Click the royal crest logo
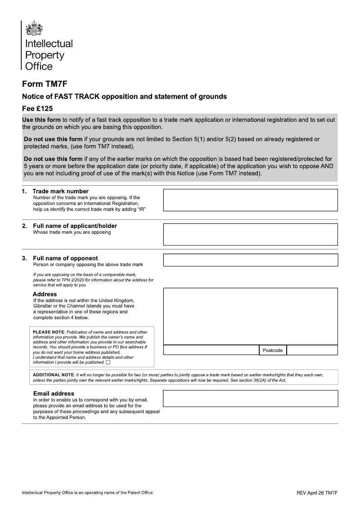click(x=34, y=29)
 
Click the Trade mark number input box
click(x=250, y=200)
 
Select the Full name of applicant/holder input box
click(x=250, y=234)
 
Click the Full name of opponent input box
click(x=250, y=260)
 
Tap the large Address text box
click(x=250, y=316)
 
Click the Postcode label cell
click(x=273, y=350)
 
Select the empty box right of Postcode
click(x=312, y=350)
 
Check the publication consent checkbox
click(x=108, y=362)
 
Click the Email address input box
click(x=250, y=398)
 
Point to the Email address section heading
click(x=54, y=393)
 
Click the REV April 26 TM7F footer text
click(x=317, y=493)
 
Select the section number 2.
click(x=24, y=226)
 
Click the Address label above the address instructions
click(x=45, y=294)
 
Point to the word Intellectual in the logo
click(x=49, y=44)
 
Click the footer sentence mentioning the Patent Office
click(x=87, y=493)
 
